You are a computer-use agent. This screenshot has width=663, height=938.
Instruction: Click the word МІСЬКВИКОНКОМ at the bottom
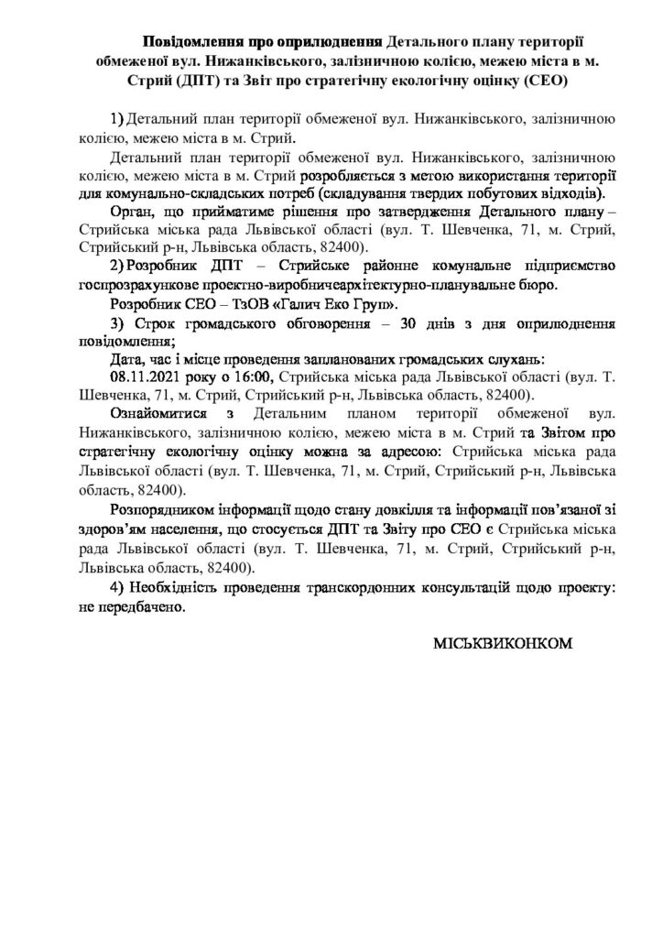[501, 644]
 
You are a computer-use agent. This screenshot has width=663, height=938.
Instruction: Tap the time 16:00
[255, 376]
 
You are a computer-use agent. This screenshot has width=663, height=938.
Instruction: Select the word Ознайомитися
[158, 413]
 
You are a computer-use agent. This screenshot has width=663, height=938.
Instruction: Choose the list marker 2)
[117, 266]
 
